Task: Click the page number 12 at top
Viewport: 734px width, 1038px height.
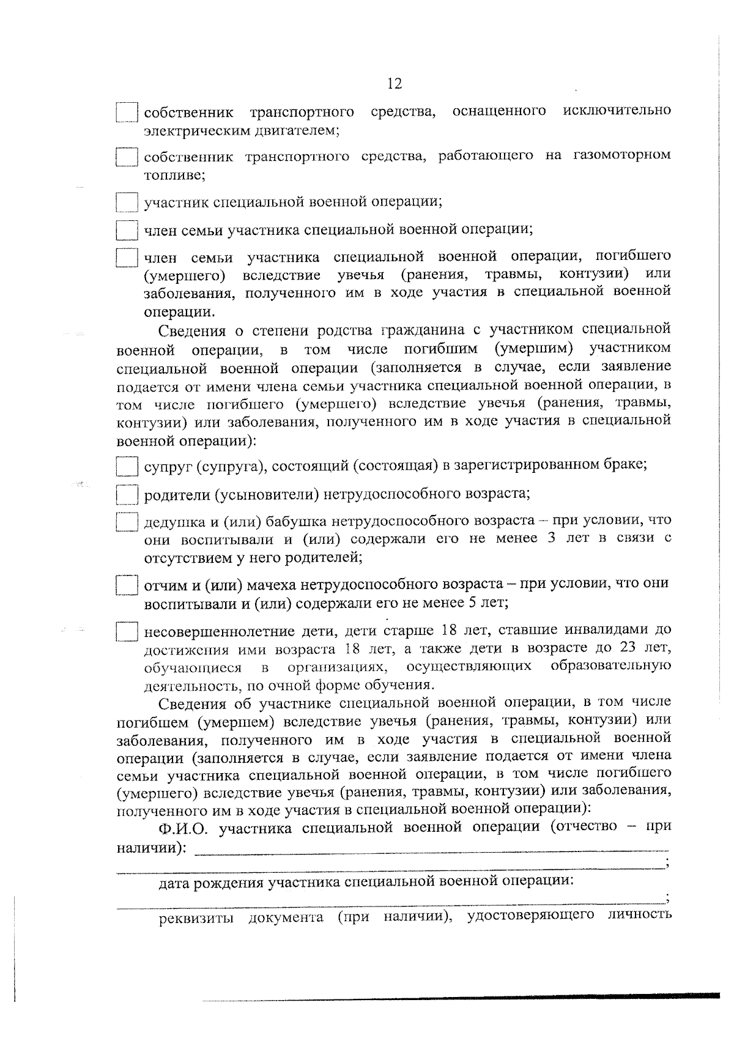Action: (x=395, y=84)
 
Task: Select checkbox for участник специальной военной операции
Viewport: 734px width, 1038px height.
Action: (x=127, y=202)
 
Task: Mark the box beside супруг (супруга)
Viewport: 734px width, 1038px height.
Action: (x=127, y=466)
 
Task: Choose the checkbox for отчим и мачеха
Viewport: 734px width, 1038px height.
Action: (x=127, y=585)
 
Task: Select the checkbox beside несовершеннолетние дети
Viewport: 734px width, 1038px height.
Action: (x=127, y=631)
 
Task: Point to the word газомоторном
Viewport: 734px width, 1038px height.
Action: (x=621, y=155)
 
